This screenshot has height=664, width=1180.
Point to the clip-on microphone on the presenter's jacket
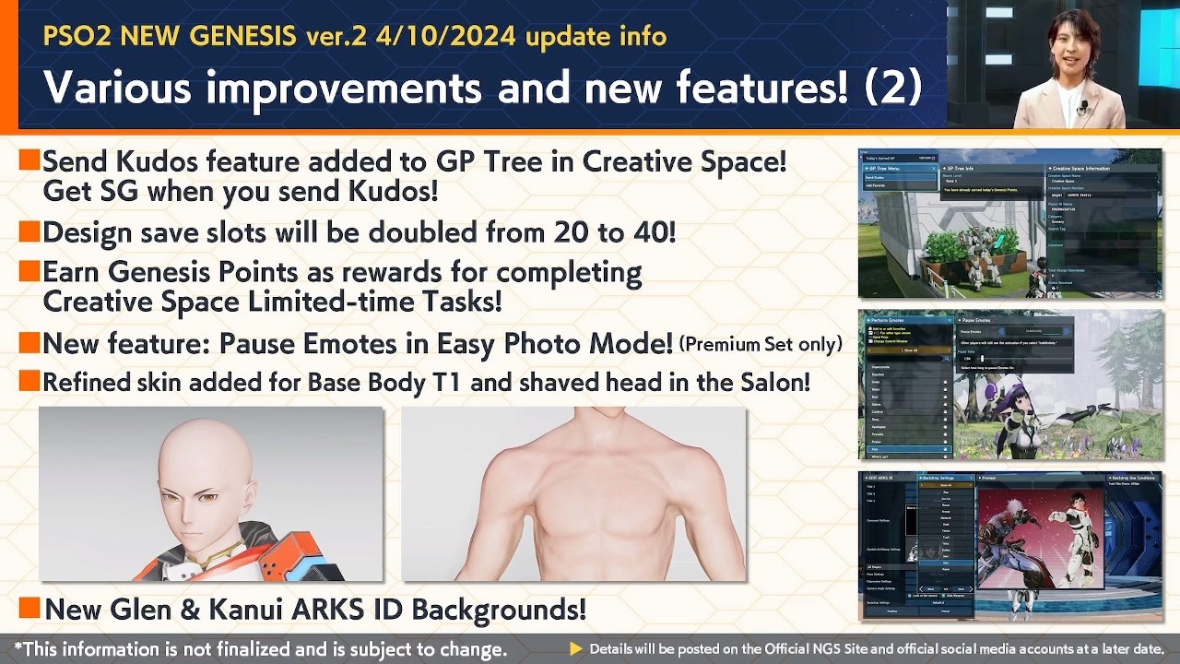point(1082,109)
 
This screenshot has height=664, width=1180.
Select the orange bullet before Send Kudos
point(29,161)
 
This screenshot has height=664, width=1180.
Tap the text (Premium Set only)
point(761,345)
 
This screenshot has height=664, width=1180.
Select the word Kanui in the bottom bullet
point(195,610)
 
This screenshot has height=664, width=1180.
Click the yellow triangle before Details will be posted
point(576,649)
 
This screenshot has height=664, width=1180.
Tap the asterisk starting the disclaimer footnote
point(18,647)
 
